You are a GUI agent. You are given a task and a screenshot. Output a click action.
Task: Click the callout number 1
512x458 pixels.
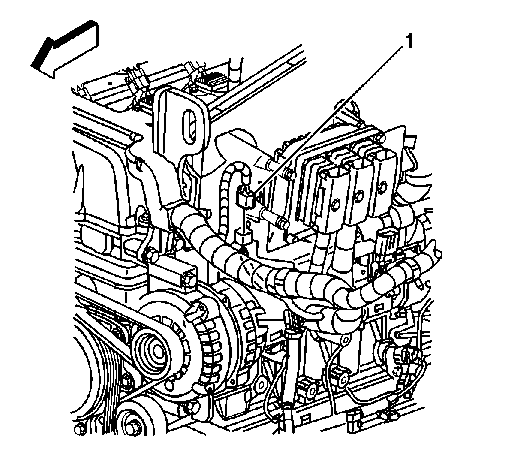coord(409,41)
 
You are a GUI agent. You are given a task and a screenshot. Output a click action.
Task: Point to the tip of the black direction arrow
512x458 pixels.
coord(32,65)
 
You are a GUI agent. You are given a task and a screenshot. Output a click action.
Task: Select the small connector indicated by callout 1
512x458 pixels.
coord(245,197)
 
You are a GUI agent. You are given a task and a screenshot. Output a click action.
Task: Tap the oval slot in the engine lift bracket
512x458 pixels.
coord(189,127)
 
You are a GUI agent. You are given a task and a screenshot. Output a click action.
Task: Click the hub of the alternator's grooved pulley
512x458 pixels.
coord(156,351)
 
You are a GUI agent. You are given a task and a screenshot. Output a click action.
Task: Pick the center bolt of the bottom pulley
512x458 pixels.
coord(133,427)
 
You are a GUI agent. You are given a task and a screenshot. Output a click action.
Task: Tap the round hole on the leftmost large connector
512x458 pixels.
coord(335,204)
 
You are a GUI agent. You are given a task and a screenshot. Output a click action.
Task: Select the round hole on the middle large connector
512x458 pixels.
coord(358,195)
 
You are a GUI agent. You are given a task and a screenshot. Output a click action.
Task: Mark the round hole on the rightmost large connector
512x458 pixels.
coord(382,185)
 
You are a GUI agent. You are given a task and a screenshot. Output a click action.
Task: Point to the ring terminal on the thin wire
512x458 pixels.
coord(344,340)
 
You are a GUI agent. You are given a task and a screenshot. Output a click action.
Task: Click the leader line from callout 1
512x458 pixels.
coord(329,120)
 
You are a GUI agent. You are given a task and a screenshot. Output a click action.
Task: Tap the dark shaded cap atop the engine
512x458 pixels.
coord(209,81)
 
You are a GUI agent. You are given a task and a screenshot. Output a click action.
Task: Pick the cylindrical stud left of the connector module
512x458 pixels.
coord(276,218)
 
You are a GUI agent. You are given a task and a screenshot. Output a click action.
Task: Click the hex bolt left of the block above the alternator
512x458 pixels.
coord(152,256)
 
